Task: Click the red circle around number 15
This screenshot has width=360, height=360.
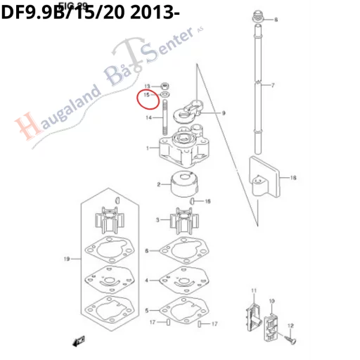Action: point(148,96)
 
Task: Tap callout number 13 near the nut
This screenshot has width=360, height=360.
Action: point(148,86)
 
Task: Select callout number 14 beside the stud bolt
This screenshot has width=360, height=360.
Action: point(149,118)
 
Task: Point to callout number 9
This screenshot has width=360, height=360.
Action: point(224,112)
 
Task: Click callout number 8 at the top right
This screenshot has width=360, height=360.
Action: point(275,20)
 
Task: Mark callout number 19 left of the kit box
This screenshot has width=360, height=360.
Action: point(67,259)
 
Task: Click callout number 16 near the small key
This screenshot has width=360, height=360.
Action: point(207,201)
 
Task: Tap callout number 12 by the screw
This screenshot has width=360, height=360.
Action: point(290,325)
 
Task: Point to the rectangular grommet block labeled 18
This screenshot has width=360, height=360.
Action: point(266,176)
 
